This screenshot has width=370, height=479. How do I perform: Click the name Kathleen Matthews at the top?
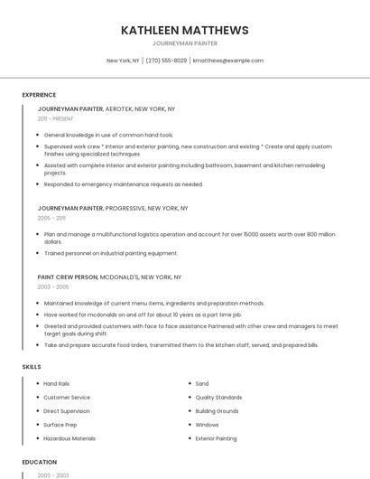(x=185, y=31)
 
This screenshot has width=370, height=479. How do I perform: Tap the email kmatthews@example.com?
(x=227, y=61)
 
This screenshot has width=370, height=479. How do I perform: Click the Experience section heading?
(x=39, y=95)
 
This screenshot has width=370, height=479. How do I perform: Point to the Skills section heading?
(x=32, y=367)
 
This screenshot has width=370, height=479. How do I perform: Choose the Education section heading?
(x=40, y=462)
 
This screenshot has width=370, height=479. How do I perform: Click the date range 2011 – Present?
(x=56, y=118)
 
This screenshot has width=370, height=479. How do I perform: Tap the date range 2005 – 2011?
(x=51, y=218)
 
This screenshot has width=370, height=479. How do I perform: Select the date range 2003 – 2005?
(x=53, y=286)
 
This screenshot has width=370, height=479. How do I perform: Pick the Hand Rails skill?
(x=57, y=383)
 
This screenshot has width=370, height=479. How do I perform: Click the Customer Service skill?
(x=67, y=397)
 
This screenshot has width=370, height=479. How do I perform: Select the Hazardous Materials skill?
(x=69, y=438)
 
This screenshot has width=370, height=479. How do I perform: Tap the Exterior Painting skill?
(x=216, y=438)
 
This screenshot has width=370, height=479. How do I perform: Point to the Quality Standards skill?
(x=218, y=397)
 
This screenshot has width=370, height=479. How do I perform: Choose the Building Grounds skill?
(x=217, y=411)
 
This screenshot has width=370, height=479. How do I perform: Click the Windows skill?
(x=207, y=425)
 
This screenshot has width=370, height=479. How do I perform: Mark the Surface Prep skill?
(x=60, y=425)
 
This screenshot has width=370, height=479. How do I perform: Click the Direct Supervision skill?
(x=68, y=411)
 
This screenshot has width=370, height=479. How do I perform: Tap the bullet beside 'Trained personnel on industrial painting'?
(x=38, y=253)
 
